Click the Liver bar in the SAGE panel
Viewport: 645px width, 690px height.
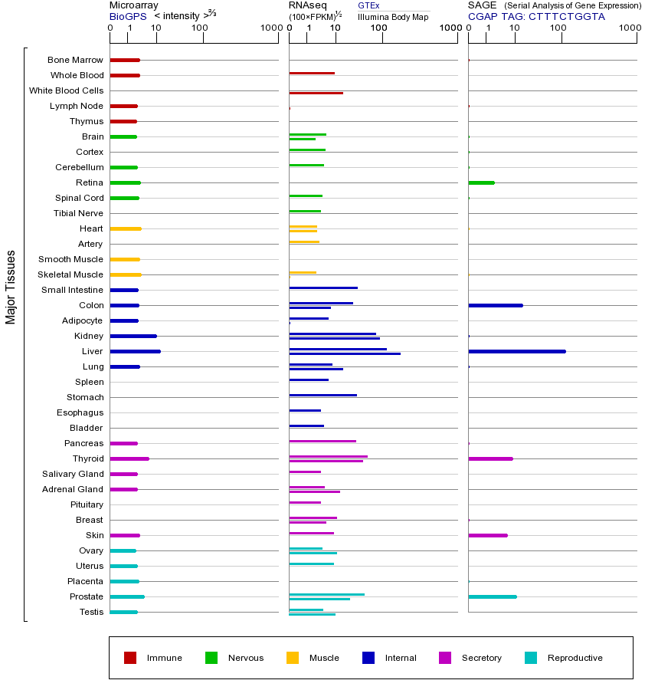click(x=517, y=351)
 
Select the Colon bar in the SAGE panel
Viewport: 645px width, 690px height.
click(x=496, y=305)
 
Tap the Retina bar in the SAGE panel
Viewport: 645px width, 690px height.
click(x=481, y=182)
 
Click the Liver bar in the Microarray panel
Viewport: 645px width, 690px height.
click(x=135, y=351)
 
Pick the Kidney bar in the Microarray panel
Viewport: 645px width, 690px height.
click(x=133, y=336)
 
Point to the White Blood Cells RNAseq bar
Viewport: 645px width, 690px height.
click(x=316, y=93)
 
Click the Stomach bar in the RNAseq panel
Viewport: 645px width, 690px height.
click(x=322, y=395)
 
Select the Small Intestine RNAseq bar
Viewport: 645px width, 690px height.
click(x=323, y=287)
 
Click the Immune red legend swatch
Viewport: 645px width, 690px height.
click(x=130, y=657)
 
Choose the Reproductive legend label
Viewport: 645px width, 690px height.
click(x=575, y=658)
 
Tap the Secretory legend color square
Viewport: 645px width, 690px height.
click(x=445, y=657)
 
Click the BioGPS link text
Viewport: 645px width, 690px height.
click(x=128, y=16)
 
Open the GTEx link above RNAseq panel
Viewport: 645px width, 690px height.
click(x=368, y=5)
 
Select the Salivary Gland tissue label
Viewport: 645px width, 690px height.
click(x=73, y=474)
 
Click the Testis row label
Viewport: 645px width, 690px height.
click(x=91, y=612)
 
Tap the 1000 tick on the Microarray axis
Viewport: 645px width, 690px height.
click(x=269, y=28)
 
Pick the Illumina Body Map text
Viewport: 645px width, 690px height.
click(x=393, y=17)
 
